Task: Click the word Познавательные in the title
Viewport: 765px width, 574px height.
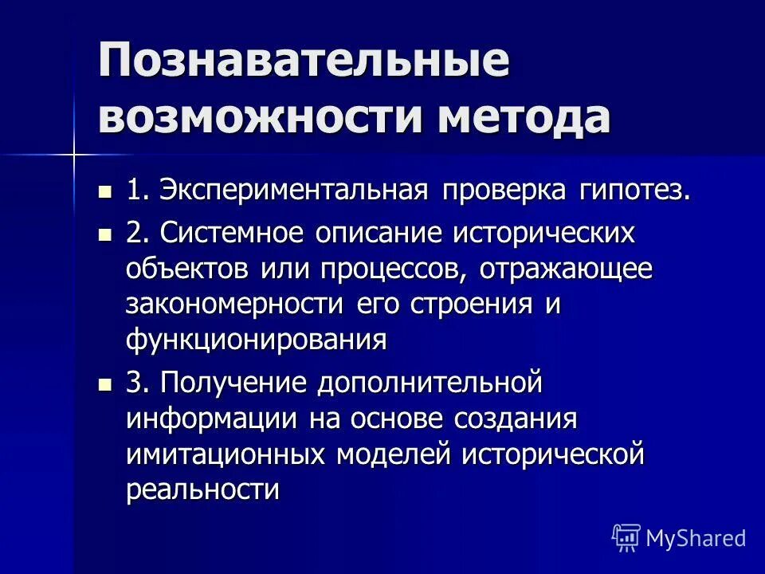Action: (x=304, y=61)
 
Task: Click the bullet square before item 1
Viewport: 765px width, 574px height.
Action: (x=104, y=192)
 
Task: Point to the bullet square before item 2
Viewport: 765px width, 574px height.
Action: (x=104, y=235)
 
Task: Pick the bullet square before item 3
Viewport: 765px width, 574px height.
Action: (x=104, y=384)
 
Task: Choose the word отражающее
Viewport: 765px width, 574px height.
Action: (x=566, y=269)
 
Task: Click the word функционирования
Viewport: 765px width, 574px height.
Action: (x=256, y=340)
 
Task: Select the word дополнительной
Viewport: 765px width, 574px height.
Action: (x=431, y=383)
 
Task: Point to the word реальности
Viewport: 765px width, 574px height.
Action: (x=202, y=489)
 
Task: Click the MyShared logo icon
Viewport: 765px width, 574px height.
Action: (x=626, y=537)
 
